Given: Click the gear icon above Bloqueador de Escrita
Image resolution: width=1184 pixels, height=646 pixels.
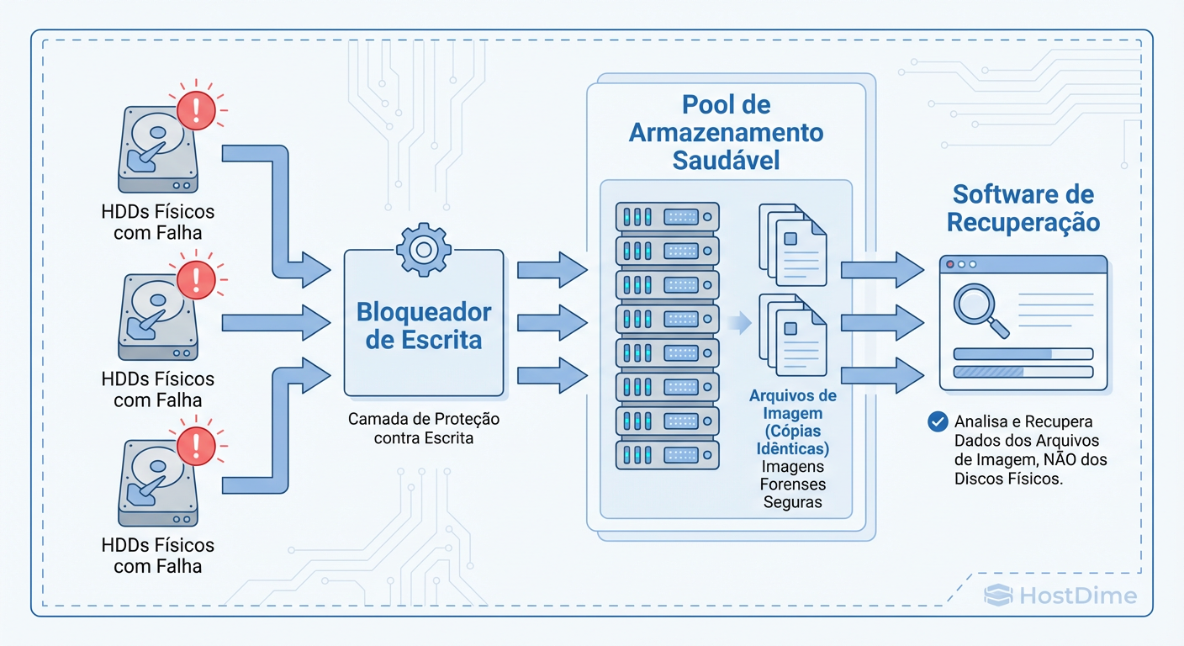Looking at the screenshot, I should pos(424,248).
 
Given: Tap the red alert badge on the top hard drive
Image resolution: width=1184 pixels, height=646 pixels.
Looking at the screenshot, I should pos(196,110).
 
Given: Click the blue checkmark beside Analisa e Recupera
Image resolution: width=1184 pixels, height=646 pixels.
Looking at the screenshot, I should pos(937,421).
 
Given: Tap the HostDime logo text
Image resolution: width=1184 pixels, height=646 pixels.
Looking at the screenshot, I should pos(1076,596).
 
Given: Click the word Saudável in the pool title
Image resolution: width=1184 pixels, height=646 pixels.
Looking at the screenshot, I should pos(727,160).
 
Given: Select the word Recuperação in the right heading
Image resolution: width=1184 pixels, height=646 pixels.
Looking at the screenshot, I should pos(1023,223).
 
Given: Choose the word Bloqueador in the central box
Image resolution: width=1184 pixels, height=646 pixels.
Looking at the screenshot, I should pos(424,313).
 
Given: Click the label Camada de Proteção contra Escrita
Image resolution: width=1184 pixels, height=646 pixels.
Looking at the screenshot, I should pos(424,428).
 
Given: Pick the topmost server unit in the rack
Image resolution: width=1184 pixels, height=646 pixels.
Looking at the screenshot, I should pos(668,217).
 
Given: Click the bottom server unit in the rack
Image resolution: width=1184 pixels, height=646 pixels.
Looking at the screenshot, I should pos(668,455).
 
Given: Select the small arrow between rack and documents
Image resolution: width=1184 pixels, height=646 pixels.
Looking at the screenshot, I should pos(739,322).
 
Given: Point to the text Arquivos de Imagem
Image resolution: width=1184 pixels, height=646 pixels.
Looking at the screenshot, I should pos(793,404).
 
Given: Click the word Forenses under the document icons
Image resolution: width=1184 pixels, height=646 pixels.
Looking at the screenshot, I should pos(793,484).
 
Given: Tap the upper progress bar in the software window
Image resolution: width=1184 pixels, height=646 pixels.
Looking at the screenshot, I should pos(1023,354).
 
